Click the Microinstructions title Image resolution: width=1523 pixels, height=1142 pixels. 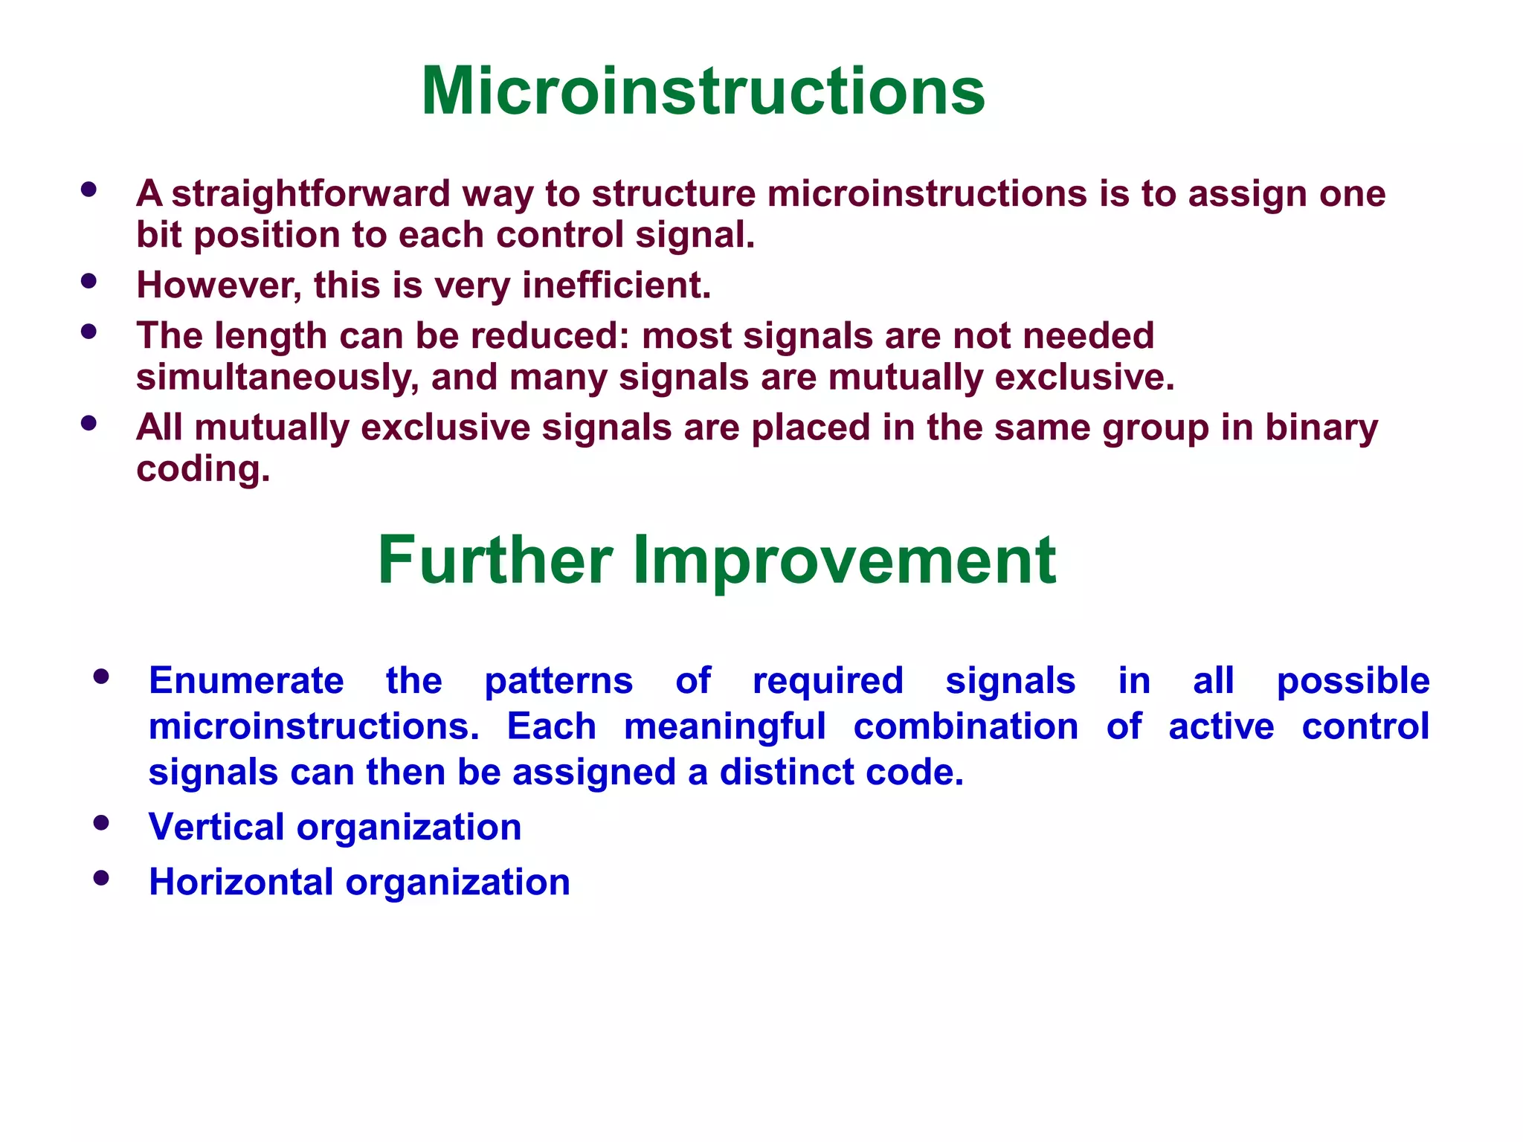703,91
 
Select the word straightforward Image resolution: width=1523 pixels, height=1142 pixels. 311,194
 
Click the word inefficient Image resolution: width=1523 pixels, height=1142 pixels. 616,285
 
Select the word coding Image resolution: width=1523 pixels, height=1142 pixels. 203,469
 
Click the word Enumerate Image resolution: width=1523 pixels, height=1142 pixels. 246,680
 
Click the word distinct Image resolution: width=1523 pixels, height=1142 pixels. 787,772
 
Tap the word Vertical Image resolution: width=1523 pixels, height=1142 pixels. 216,827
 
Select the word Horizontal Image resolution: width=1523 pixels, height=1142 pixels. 241,882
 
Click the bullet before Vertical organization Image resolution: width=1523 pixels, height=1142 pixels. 102,823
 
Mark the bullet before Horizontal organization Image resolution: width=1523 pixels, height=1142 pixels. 102,878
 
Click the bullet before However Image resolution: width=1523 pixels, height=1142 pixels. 89,281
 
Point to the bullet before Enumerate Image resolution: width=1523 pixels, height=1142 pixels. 102,677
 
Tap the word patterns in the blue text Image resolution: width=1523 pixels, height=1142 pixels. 558,680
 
